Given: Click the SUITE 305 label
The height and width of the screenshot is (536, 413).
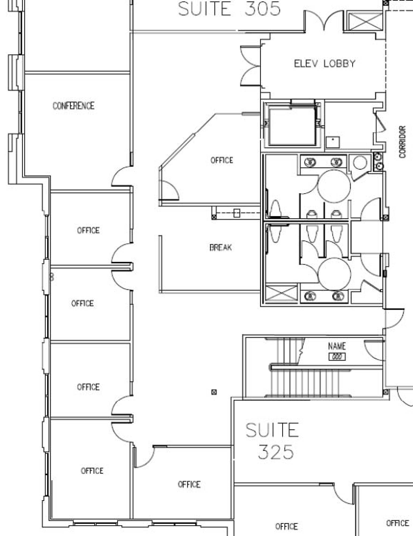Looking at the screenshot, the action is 229,9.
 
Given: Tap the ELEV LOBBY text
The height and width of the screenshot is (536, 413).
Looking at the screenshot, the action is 325,64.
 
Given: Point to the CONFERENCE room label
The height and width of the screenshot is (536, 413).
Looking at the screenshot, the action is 73,106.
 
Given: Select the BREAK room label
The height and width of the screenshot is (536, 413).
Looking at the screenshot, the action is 221,247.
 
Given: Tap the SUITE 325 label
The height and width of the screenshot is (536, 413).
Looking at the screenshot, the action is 272,441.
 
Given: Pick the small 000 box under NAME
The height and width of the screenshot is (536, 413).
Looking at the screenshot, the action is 337,357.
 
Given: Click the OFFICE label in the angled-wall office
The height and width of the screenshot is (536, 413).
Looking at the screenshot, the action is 222,160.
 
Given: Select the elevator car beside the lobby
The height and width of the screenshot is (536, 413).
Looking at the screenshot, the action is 292,125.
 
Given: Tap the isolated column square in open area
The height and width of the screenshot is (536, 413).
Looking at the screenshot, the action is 214,392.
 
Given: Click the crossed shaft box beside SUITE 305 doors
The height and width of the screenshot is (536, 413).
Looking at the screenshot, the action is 366,21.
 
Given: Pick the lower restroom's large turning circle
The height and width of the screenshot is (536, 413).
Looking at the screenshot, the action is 334,274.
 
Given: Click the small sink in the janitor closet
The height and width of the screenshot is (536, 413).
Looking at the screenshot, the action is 333,142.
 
